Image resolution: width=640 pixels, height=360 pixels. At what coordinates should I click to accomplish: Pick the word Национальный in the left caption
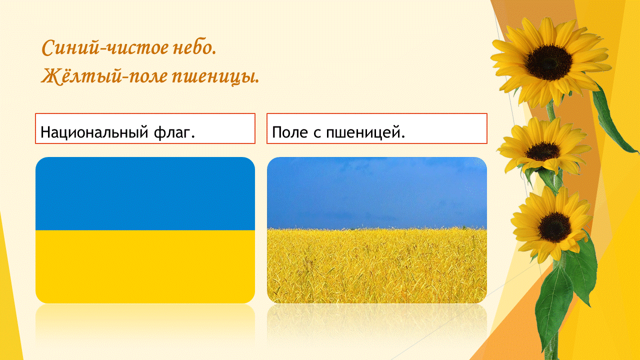point(94,132)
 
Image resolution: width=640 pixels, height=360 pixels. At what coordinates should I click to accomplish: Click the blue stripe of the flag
point(145,193)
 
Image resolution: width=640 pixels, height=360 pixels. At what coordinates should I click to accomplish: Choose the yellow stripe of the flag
point(145,267)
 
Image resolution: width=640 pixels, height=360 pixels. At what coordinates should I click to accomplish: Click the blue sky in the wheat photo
point(377,192)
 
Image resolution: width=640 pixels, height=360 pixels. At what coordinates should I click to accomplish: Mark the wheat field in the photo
point(377,265)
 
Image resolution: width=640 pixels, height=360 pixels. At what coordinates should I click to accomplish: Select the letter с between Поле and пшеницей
point(317,133)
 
